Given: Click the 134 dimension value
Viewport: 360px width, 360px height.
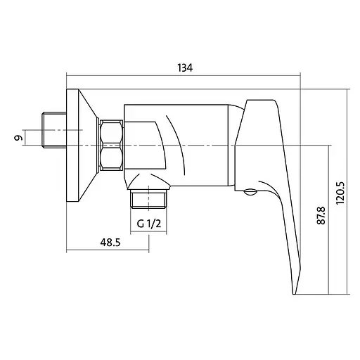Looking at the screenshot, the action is pyautogui.click(x=185, y=67).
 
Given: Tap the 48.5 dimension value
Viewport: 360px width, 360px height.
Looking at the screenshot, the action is pyautogui.click(x=110, y=243).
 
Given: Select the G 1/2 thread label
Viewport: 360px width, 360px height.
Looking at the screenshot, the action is pyautogui.click(x=149, y=224).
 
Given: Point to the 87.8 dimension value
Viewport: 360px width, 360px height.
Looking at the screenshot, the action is pyautogui.click(x=321, y=216).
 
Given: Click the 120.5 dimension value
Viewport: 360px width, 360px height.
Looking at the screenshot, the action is pyautogui.click(x=340, y=193).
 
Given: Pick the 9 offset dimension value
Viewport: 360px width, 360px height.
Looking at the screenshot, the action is pyautogui.click(x=18, y=138).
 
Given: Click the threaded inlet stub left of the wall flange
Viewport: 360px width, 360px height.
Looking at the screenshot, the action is pyautogui.click(x=54, y=130).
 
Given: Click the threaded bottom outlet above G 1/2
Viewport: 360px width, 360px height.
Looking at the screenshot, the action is pyautogui.click(x=148, y=200).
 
